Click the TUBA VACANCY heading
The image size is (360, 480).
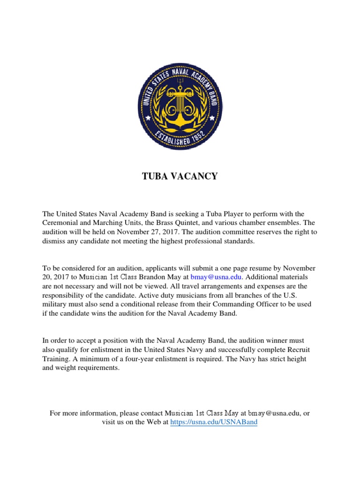click(x=180, y=176)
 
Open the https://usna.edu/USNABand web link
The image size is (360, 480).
click(x=214, y=422)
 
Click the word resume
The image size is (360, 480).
click(x=246, y=268)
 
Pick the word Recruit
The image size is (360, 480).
click(x=297, y=350)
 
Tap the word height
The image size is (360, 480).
click(x=307, y=359)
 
